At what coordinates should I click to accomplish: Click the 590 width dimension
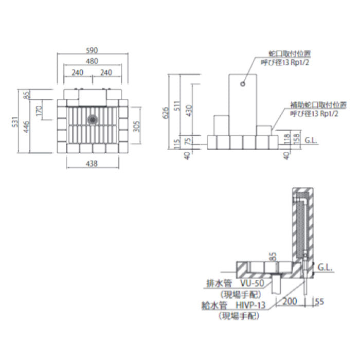(92, 50)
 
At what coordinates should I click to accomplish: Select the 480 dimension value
(92, 61)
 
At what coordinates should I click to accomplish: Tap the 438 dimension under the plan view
(92, 164)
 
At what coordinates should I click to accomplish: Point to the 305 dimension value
(136, 127)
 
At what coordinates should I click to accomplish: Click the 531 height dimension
(15, 122)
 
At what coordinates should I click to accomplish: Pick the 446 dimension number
(26, 127)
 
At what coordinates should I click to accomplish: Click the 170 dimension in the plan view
(39, 111)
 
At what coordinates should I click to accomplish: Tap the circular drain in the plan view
(93, 119)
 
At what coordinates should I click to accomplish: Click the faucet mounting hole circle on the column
(243, 84)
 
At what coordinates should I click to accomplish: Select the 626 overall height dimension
(165, 113)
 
